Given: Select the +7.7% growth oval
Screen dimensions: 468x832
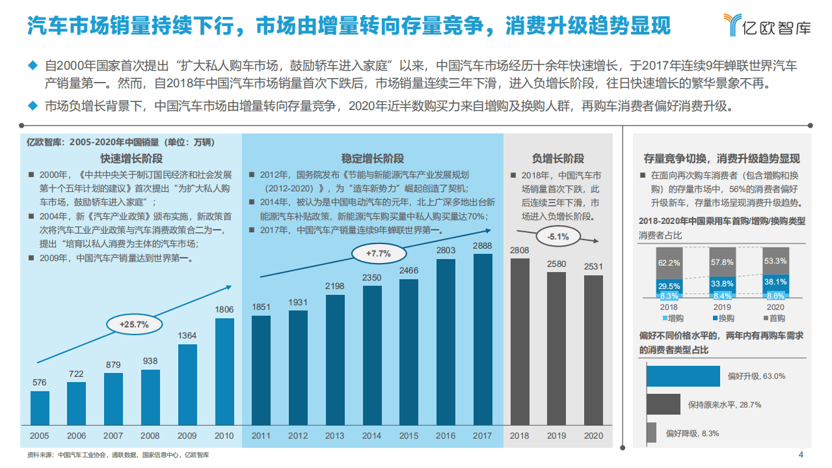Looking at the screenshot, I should (378, 253).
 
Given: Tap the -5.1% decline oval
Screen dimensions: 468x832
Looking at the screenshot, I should (558, 236).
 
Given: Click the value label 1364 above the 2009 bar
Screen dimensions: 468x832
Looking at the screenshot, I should (187, 336).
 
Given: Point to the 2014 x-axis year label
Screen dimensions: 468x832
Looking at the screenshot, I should (371, 435).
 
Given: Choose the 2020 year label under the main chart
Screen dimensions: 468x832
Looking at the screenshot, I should (593, 435).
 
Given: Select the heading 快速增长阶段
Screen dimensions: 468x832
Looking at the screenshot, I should (131, 158).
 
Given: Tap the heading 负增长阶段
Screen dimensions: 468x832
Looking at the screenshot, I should (557, 158).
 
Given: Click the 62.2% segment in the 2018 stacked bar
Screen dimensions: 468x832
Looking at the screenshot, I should (669, 263).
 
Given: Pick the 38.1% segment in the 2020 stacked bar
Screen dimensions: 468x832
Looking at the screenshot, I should (775, 282).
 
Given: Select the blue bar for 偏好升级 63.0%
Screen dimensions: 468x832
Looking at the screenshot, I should (682, 376).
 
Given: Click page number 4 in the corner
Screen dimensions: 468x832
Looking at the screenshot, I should (801, 454).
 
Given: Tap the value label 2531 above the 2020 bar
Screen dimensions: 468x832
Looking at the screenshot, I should (593, 267).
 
